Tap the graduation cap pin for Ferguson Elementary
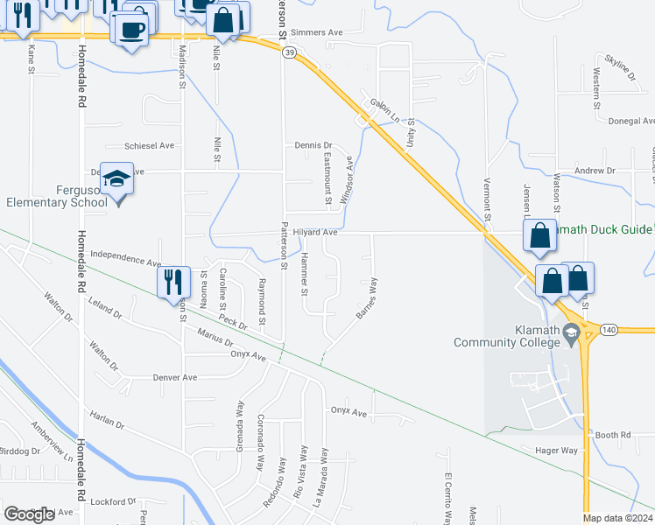117,181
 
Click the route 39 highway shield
289,53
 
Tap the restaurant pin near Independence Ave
173,283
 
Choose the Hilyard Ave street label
315,233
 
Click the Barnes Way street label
367,298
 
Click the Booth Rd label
613,435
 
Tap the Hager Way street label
557,450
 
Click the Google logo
30,514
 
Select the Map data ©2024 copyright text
617,518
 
